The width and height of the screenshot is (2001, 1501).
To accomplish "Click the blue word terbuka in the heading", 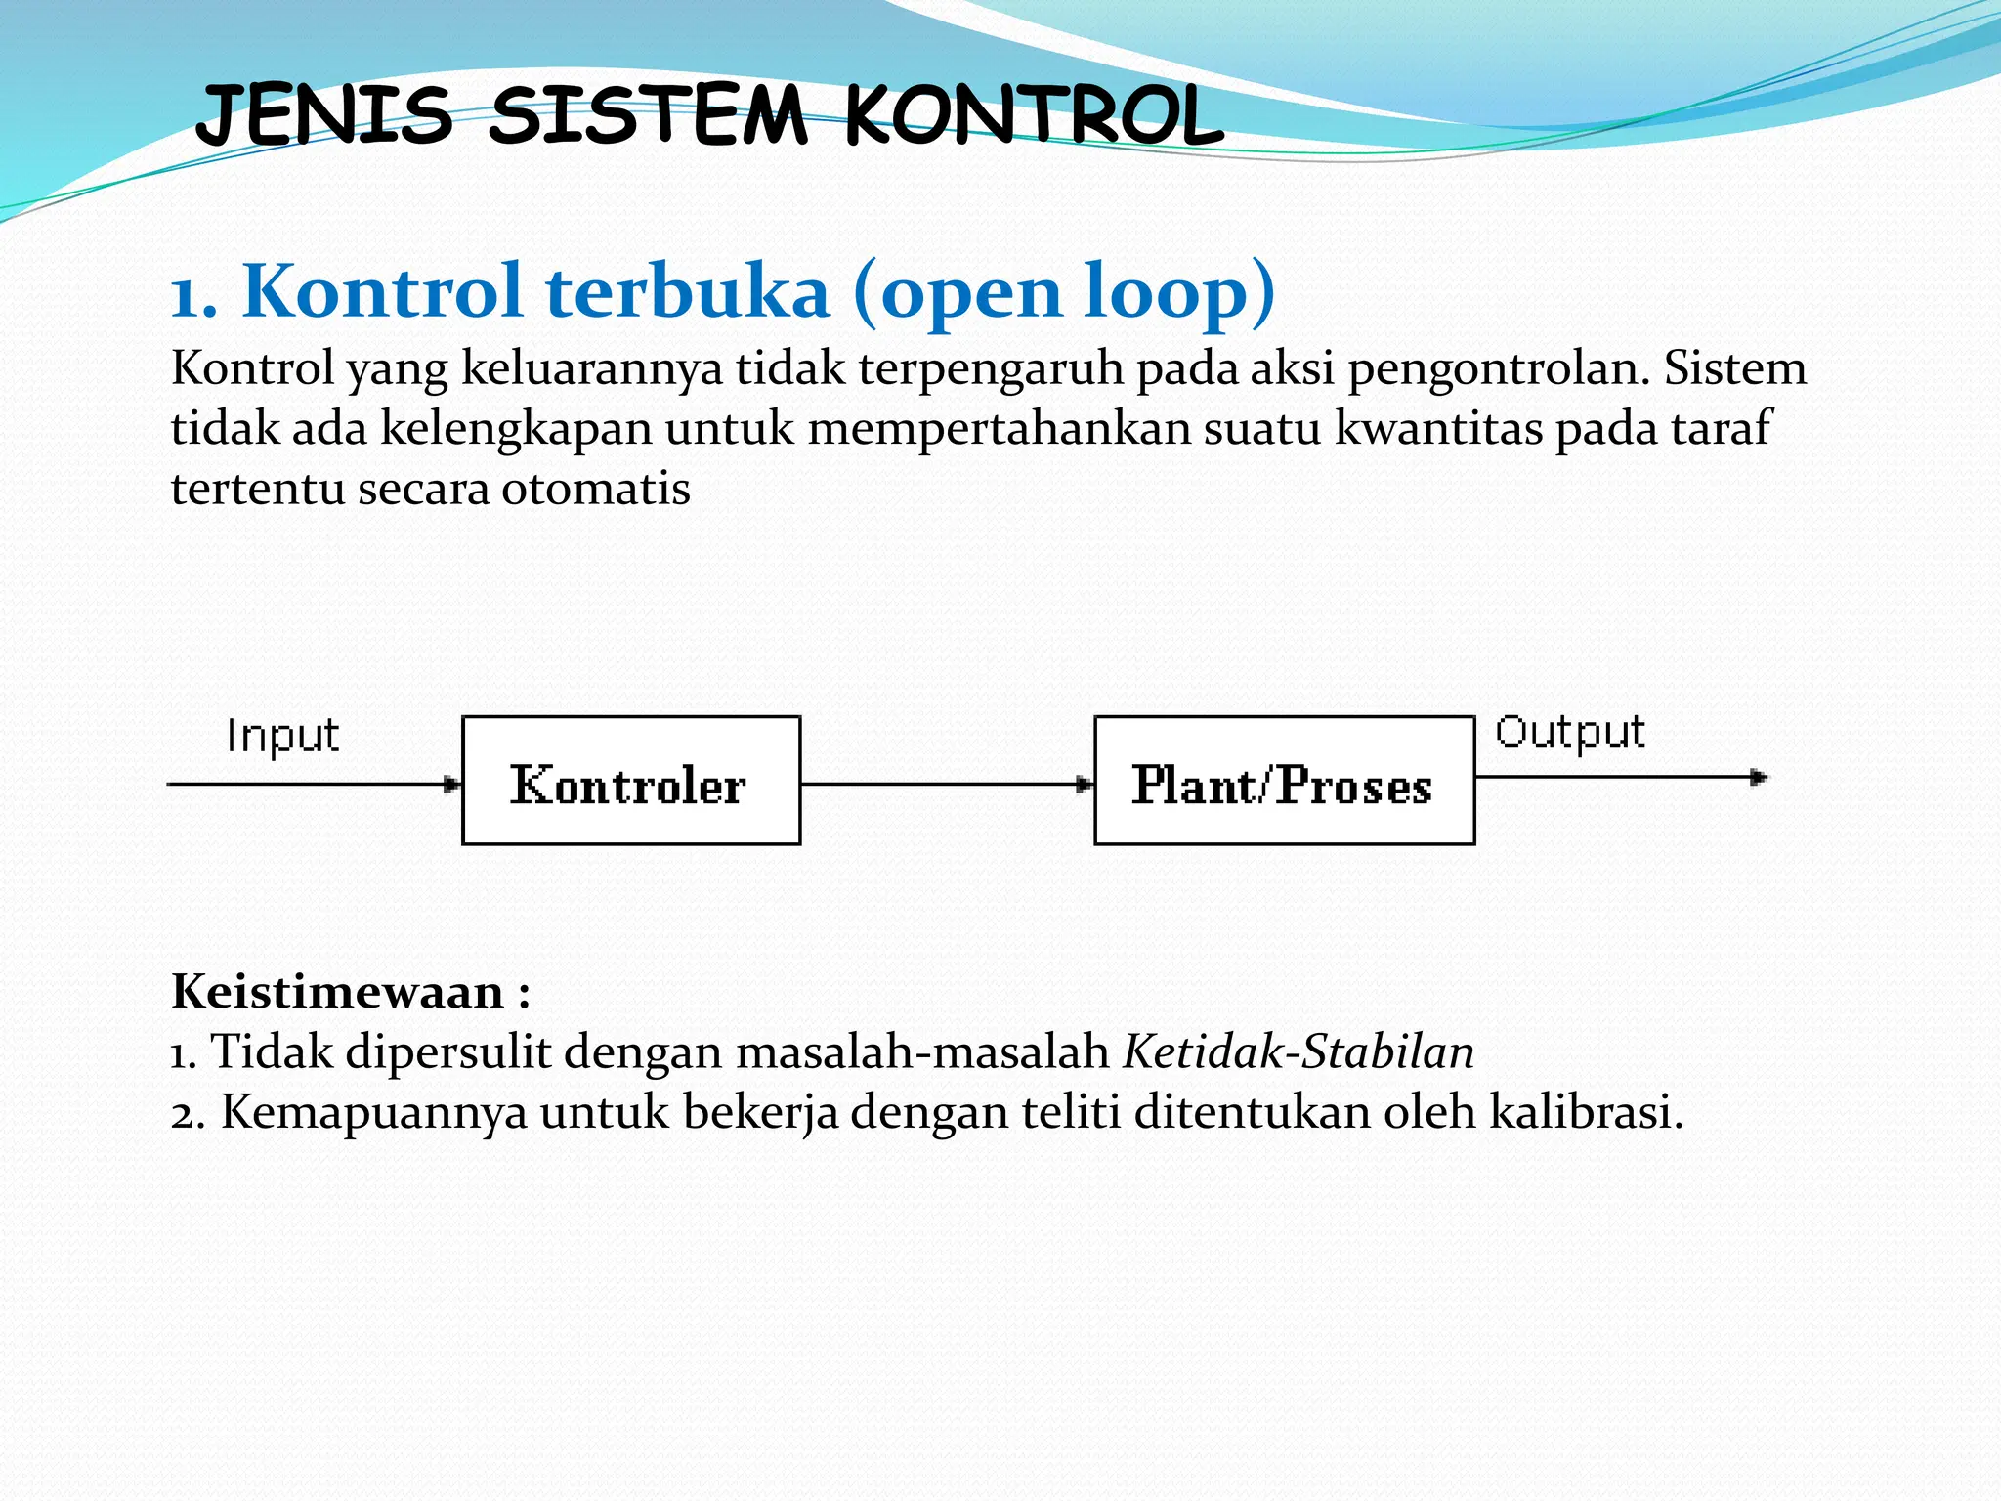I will pos(687,291).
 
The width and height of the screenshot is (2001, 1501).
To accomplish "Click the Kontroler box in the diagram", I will pos(630,781).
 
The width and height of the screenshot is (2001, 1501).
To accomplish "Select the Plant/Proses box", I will pos(1284,781).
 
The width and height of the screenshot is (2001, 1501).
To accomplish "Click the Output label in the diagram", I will pos(1570,733).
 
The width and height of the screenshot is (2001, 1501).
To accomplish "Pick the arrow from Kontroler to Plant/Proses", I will pos(946,784).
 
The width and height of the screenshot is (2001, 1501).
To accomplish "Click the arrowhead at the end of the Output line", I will pos(1759,778).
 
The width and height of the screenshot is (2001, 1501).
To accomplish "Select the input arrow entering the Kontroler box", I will pos(313,784).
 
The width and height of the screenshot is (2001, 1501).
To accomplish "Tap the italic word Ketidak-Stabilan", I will pos(1299,1052).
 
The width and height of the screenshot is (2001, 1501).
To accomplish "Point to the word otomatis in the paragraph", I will pos(595,489).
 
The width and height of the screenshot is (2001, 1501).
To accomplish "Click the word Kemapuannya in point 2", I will pos(373,1112).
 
